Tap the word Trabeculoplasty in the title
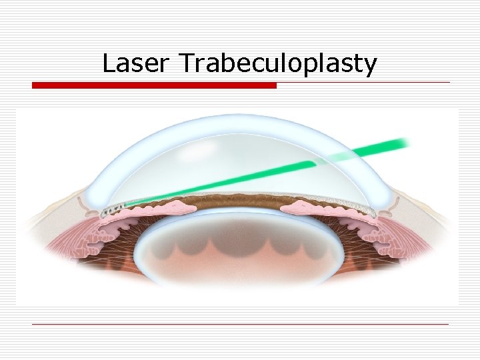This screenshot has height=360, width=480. (x=279, y=65)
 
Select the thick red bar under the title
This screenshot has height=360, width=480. (x=154, y=85)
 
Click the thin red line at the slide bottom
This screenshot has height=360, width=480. (x=240, y=324)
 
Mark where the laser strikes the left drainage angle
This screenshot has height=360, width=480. (x=113, y=211)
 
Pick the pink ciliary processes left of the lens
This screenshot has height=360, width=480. (x=117, y=230)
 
